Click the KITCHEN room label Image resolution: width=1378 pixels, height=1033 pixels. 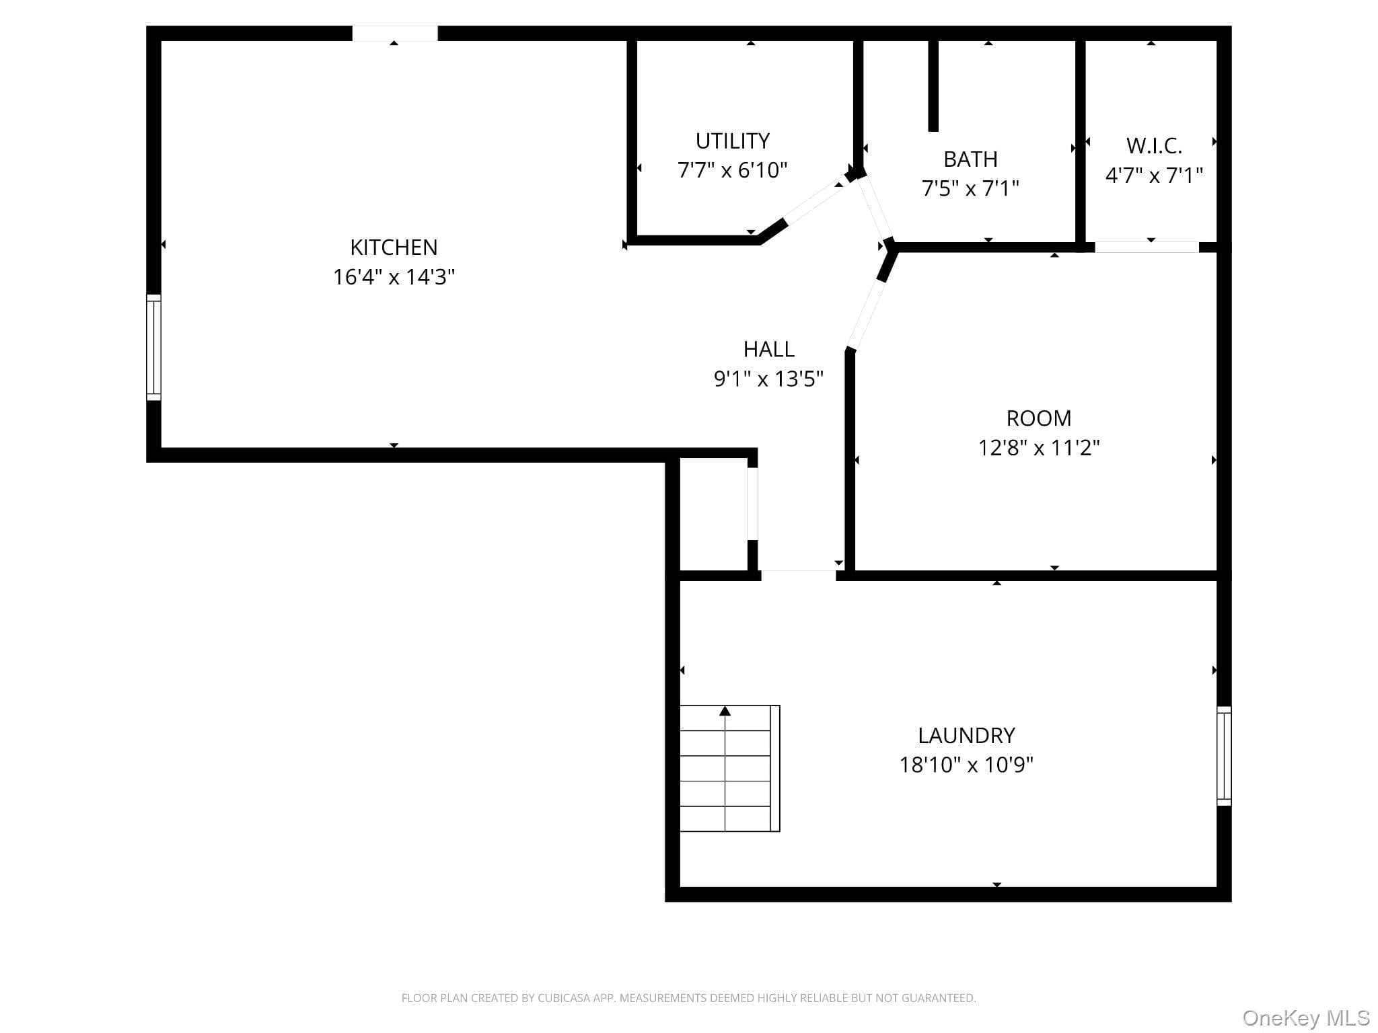coord(394,247)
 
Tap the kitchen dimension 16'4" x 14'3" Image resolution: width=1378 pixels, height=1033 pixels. coord(394,277)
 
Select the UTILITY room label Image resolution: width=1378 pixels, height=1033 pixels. coord(732,141)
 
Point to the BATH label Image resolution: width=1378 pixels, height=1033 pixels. coord(970,159)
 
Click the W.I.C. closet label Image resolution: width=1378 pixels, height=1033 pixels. coord(1154,146)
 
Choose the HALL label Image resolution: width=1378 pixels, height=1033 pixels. coord(768,349)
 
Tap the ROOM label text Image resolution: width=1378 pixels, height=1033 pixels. coord(1039,418)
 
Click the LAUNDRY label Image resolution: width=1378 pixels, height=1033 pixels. coord(966,736)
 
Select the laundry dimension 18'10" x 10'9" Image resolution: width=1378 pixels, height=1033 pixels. coord(966,765)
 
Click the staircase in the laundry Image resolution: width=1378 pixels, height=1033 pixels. coord(729,768)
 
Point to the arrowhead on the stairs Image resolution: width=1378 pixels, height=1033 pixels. coord(725,711)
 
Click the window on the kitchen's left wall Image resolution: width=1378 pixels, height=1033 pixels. coord(154,348)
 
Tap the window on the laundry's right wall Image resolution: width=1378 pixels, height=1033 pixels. coord(1224,756)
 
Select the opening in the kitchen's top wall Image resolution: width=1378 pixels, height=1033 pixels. coord(395,33)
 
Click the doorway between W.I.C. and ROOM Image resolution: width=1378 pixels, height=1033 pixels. coord(1147,247)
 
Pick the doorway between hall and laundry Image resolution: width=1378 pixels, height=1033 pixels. coord(799,575)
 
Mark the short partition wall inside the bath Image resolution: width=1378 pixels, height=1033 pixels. coord(933,85)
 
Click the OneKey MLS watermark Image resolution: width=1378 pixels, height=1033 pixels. coord(1306,1018)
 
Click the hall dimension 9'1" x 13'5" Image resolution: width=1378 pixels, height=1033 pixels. coord(768,379)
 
